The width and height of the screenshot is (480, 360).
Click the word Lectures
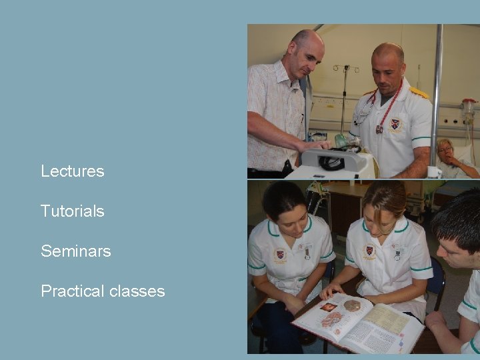(x=73, y=171)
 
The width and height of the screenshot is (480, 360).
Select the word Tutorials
(x=73, y=211)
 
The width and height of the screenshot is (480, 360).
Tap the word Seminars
(x=75, y=251)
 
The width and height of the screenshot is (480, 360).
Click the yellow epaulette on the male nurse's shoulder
(x=419, y=92)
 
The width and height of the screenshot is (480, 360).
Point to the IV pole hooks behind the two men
(x=346, y=69)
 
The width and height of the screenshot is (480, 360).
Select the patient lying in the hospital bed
(x=448, y=157)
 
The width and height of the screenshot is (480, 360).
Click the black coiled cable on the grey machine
(x=331, y=162)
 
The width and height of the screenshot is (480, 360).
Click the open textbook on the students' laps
(x=358, y=324)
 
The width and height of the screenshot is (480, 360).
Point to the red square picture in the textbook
(x=329, y=307)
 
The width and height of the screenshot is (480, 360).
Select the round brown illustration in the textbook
(x=352, y=306)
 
